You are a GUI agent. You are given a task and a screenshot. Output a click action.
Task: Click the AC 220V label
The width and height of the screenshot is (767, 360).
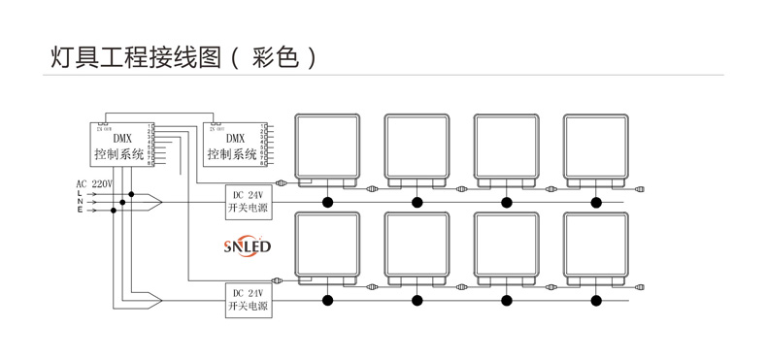point(94,183)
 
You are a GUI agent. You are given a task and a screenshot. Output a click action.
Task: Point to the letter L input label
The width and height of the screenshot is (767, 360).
point(80,193)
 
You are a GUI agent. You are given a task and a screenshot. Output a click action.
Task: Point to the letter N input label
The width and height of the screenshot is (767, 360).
point(80,202)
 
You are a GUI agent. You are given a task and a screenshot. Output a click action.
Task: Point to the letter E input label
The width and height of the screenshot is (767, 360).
point(80,210)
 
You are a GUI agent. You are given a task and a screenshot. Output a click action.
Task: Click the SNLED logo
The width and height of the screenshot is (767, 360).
point(247,246)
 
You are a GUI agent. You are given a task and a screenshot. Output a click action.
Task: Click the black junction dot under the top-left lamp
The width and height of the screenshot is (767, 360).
point(327,202)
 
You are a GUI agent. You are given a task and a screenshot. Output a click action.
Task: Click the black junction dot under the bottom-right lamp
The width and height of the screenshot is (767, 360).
point(596,301)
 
